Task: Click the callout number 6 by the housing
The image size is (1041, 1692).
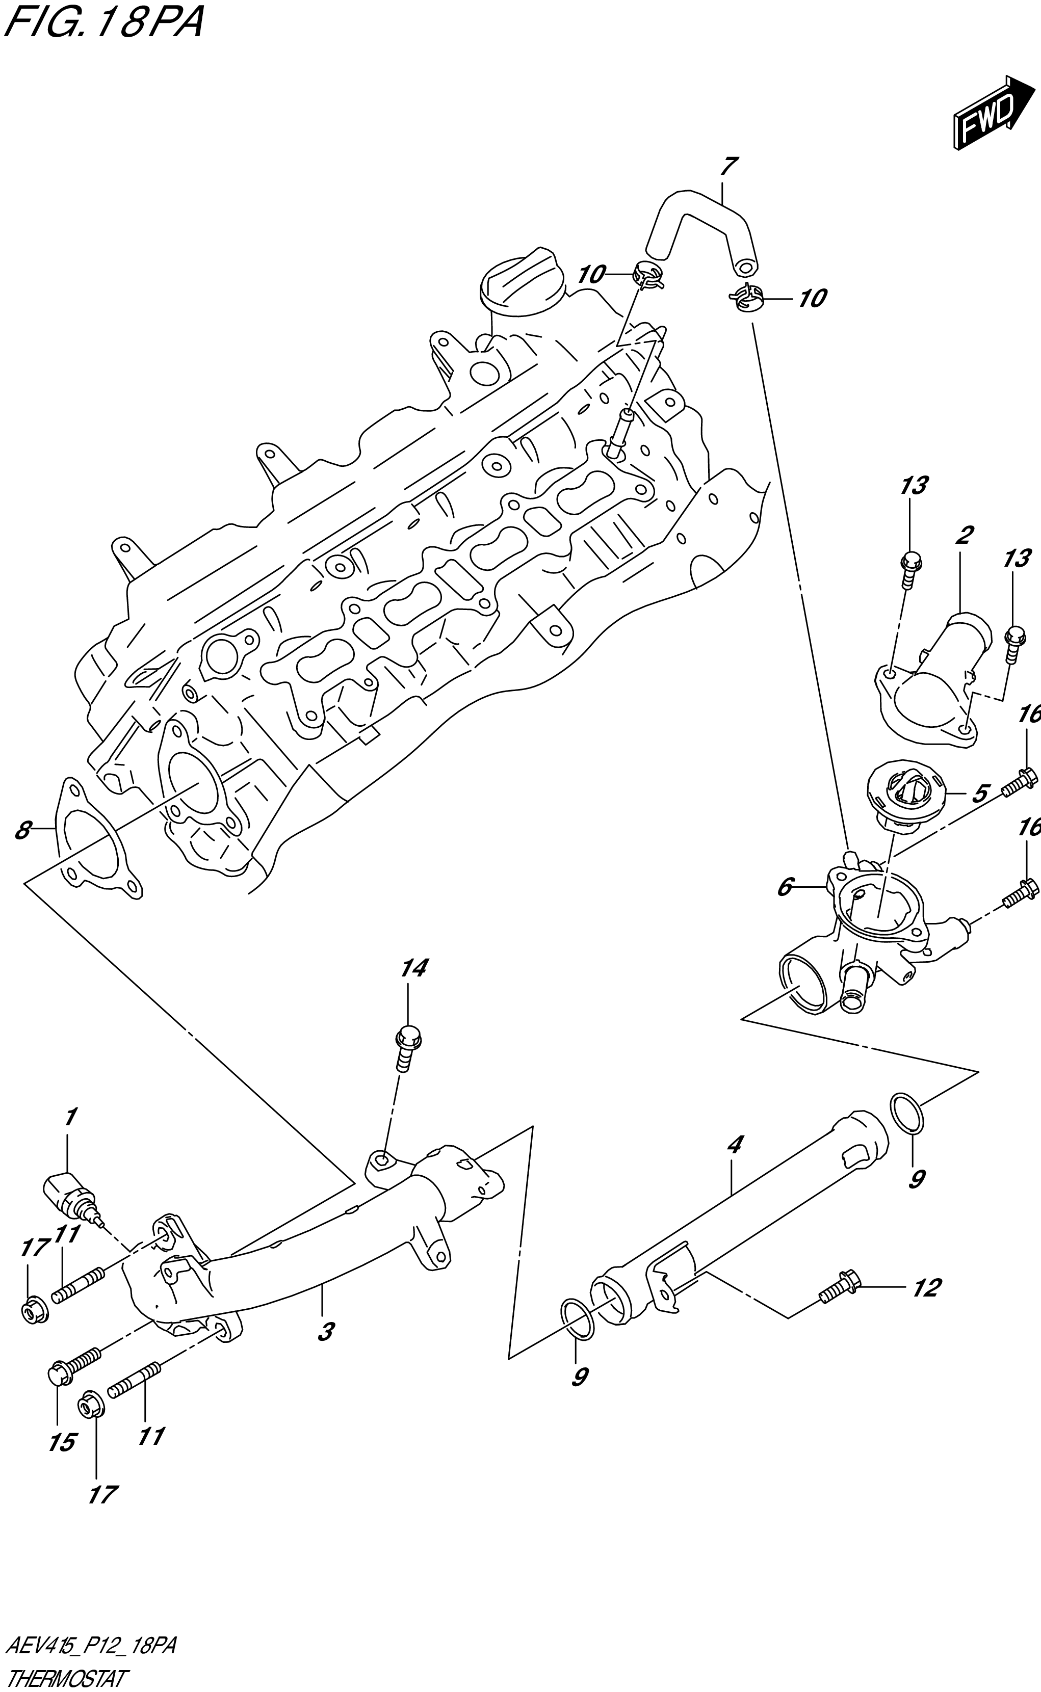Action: point(786,887)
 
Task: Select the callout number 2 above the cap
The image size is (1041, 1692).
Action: point(965,534)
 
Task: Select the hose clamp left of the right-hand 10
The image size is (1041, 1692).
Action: point(747,298)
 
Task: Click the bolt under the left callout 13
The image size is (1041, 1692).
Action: point(910,570)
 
